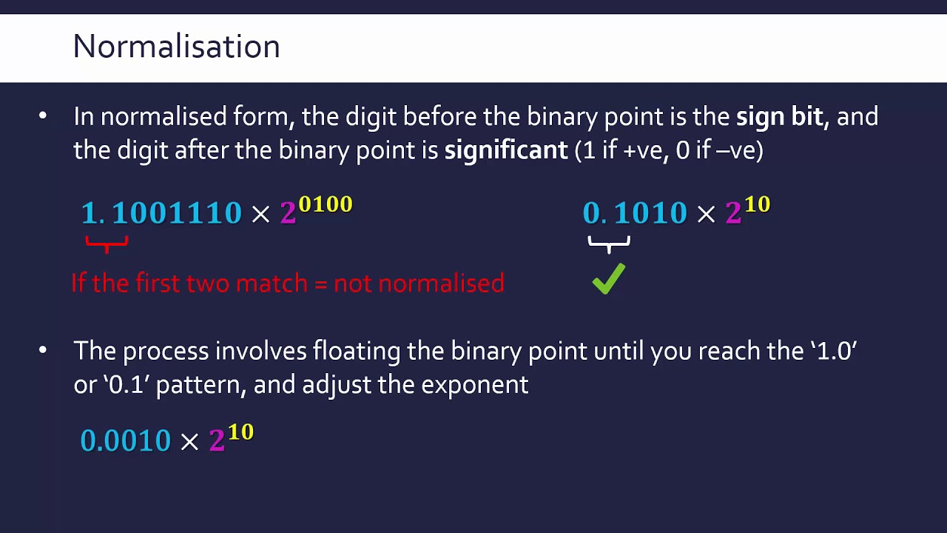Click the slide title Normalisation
(x=176, y=46)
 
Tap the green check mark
(x=608, y=279)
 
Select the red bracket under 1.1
(x=107, y=244)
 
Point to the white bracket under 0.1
(x=609, y=244)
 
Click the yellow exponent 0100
(x=325, y=204)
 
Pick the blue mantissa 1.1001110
(x=161, y=212)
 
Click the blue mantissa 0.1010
(x=635, y=212)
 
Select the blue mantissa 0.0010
(x=126, y=440)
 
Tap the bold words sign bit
(x=780, y=117)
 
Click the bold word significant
(x=505, y=150)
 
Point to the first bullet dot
(x=43, y=115)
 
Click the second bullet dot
(x=43, y=350)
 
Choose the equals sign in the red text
(x=321, y=284)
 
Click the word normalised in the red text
(x=441, y=283)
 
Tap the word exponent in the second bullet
(x=475, y=386)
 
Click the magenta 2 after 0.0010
(x=217, y=440)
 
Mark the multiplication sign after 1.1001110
(x=261, y=214)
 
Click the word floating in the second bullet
(x=357, y=352)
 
